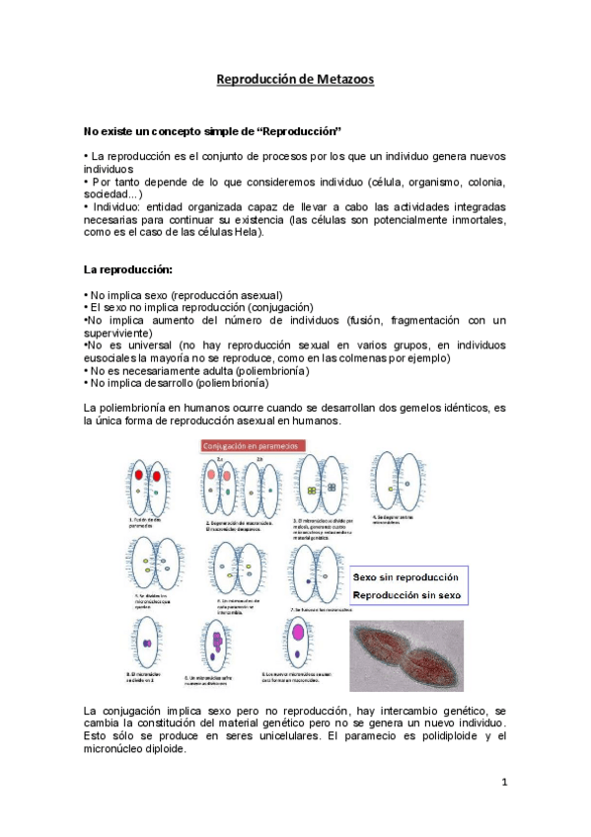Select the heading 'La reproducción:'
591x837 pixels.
pyautogui.click(x=128, y=268)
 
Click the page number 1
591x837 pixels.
pyautogui.click(x=503, y=783)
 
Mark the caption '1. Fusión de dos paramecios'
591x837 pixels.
pyautogui.click(x=145, y=523)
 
